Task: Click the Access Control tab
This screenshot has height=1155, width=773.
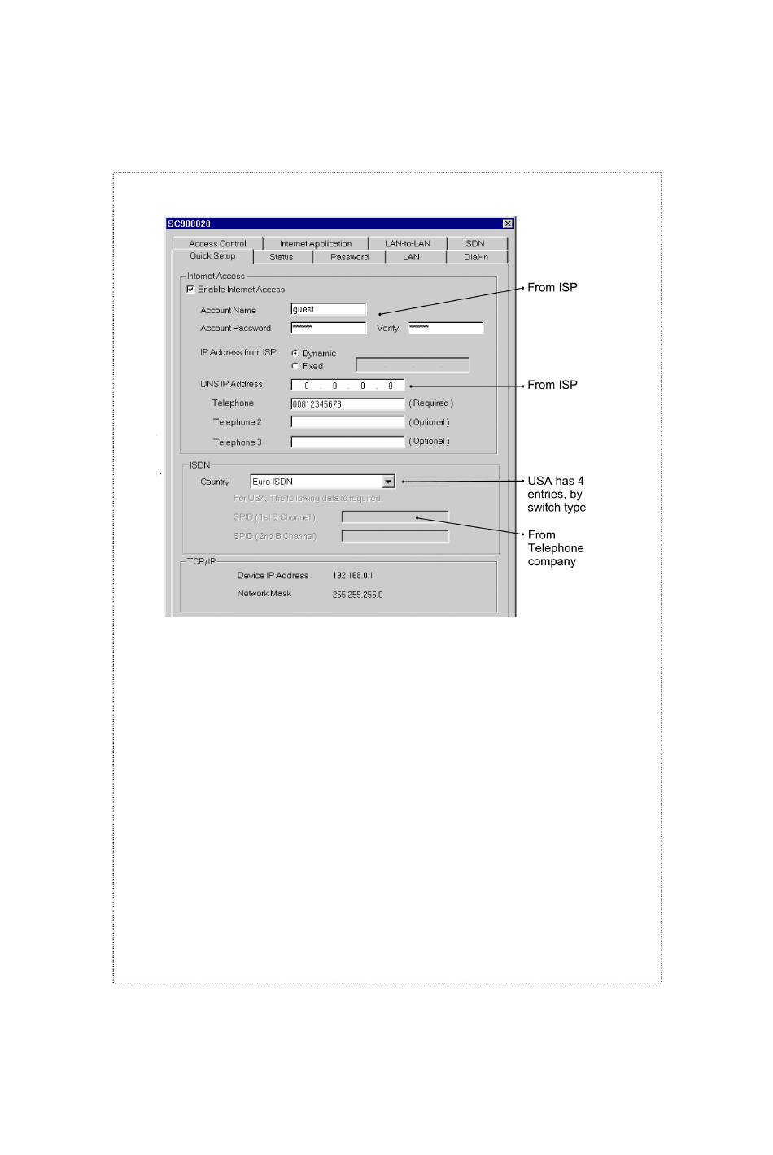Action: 217,243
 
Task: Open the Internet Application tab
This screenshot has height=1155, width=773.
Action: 316,243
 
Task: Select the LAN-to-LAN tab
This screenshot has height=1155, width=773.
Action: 408,243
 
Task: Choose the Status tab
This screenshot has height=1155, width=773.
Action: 282,257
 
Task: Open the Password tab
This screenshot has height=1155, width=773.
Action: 349,257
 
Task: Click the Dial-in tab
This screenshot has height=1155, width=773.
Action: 476,257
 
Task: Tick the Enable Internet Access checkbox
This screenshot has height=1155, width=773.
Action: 190,290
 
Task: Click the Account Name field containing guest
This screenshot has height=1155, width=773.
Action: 329,309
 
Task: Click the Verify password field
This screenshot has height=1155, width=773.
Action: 445,328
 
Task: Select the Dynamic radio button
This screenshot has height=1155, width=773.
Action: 295,353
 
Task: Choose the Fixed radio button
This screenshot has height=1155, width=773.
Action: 295,366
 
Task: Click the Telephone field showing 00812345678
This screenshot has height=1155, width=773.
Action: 347,403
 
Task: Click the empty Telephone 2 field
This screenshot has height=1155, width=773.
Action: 347,422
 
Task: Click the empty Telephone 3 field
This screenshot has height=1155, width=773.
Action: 347,442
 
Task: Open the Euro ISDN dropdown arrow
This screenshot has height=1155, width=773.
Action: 388,482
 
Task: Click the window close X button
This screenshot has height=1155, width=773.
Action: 508,224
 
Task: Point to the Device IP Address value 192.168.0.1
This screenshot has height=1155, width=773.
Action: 352,576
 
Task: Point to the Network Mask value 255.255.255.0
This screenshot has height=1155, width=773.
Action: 357,595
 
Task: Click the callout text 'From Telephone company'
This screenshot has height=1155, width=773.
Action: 555,548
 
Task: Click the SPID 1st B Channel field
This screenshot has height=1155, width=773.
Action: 395,517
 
